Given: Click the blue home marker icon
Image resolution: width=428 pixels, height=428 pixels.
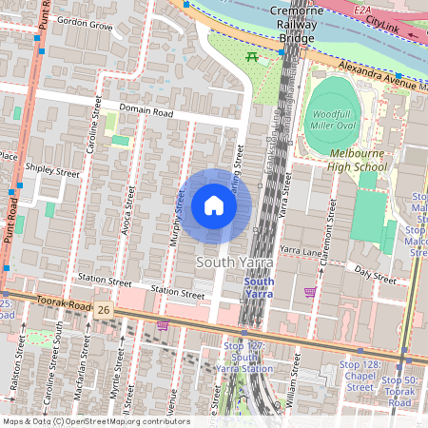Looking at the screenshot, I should pos(213,205).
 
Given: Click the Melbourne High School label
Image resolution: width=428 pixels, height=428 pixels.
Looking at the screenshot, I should pos(359,160).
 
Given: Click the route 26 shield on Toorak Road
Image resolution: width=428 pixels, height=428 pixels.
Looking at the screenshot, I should pos(104,310).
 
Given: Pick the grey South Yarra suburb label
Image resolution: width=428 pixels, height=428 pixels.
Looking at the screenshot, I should pos(234,261).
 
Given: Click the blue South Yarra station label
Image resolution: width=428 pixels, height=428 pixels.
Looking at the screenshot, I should pos(259,288).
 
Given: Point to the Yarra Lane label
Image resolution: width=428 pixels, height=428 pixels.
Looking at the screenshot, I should pos(302,252).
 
